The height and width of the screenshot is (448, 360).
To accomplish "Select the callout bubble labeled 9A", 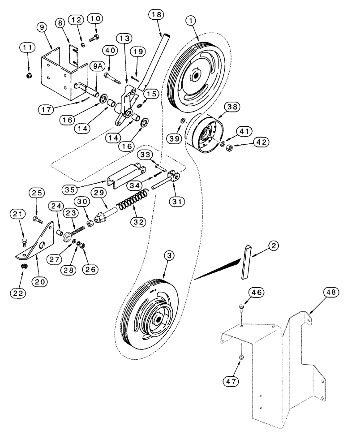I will coord(96,66).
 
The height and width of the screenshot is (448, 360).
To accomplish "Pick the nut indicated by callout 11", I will coord(29,74).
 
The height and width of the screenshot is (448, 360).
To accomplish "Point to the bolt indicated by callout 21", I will coord(24,242).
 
